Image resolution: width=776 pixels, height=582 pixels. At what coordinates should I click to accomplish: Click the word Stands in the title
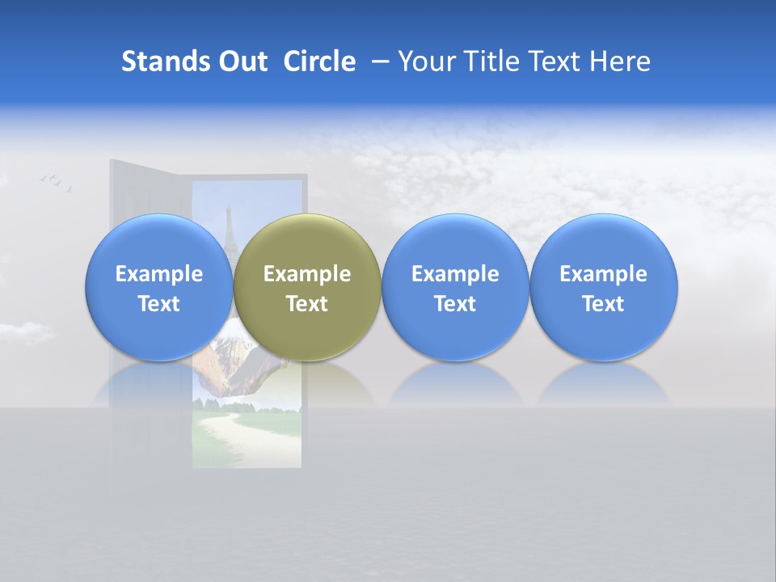tap(167, 61)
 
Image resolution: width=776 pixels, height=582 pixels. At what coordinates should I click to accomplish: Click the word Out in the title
tap(242, 61)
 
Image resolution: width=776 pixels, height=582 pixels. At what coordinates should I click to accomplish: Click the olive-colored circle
tap(307, 288)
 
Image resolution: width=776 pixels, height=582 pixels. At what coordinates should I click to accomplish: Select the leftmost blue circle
tap(158, 288)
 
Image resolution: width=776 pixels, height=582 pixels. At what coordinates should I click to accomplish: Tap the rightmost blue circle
tap(603, 288)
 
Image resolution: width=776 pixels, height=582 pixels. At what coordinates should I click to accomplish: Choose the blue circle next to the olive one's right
tap(455, 288)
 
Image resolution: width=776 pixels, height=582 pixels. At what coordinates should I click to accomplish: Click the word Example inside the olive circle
tap(307, 274)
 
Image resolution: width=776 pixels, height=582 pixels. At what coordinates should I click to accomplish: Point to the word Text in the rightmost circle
tap(603, 304)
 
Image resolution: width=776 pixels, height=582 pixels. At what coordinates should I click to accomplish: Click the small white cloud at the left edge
tap(24, 331)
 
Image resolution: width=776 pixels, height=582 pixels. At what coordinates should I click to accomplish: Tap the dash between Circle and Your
tap(377, 61)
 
